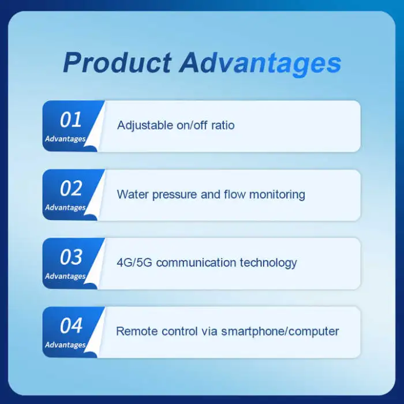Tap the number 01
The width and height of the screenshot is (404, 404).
coord(71,119)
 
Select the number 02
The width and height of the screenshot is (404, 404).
coord(71,188)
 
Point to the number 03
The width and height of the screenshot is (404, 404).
coord(71,257)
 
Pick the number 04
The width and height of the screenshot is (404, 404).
coord(71,326)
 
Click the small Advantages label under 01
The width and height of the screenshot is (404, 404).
coord(65,139)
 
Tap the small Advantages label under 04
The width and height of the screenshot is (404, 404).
coord(65,345)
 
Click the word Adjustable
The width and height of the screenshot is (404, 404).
coord(144,125)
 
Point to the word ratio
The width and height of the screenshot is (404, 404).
coord(224,125)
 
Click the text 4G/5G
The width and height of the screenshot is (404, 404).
coord(134,263)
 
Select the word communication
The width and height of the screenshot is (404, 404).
coord(196,263)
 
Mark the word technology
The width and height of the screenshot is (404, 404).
coord(268,263)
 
